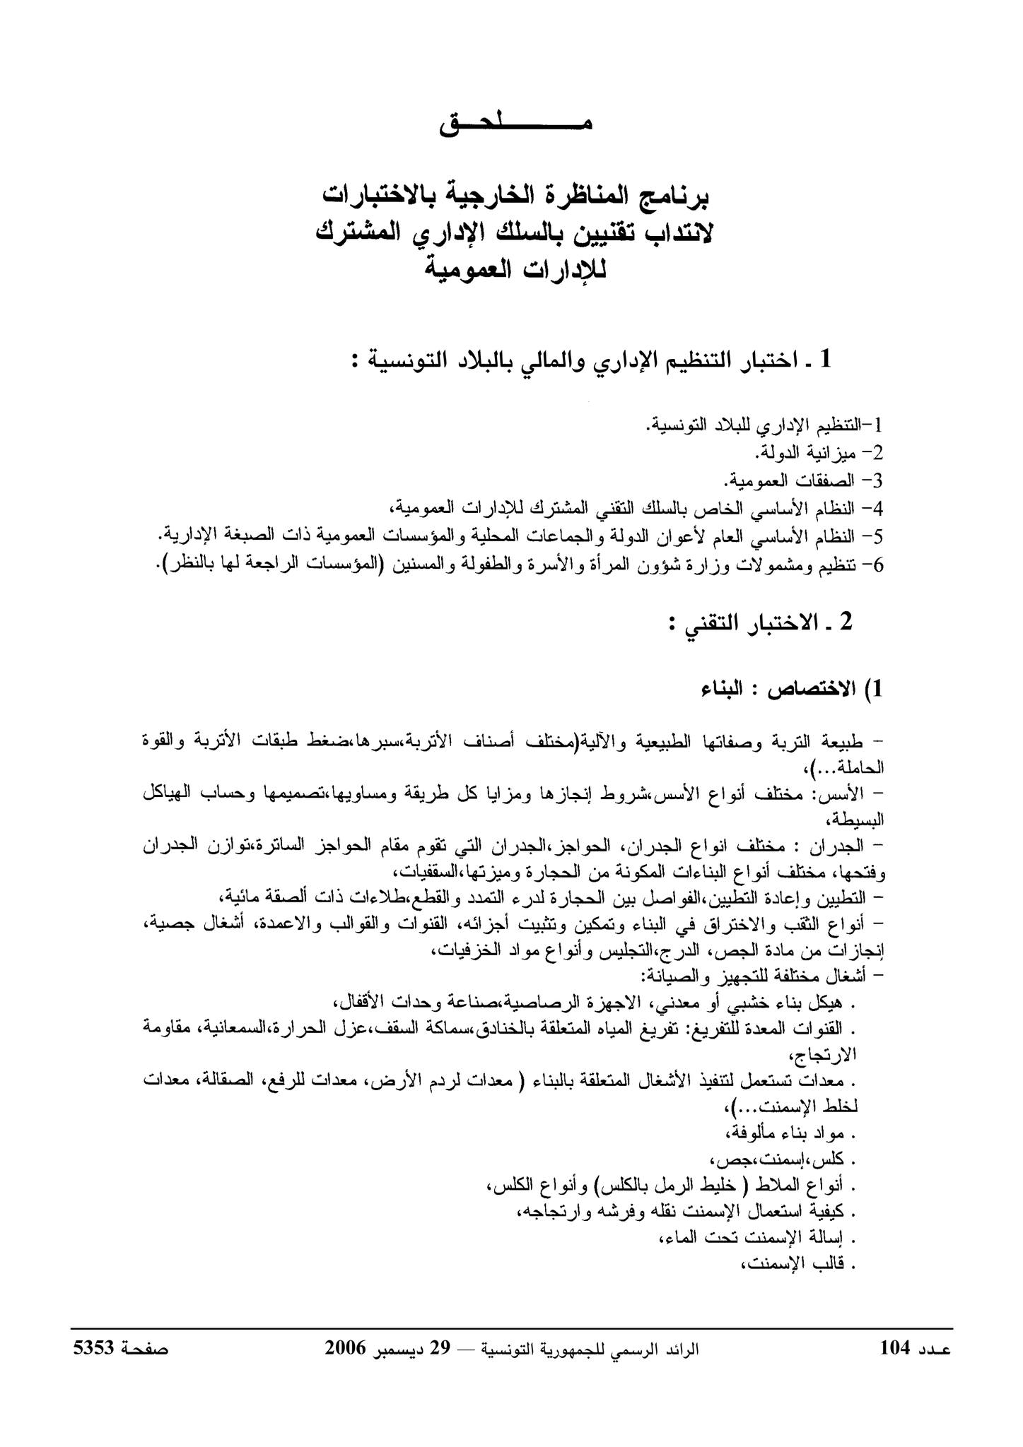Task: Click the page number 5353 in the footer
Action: click(x=93, y=1348)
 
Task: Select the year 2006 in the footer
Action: click(x=345, y=1348)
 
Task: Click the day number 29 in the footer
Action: click(x=441, y=1348)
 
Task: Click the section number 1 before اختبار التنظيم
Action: click(x=824, y=360)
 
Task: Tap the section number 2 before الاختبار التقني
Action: click(x=847, y=622)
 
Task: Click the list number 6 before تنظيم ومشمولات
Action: click(x=877, y=565)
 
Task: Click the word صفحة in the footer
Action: click(x=146, y=1348)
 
